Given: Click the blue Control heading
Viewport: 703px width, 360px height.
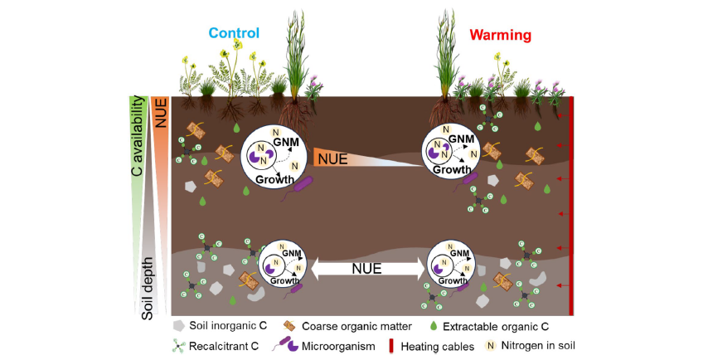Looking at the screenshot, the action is tap(234, 33).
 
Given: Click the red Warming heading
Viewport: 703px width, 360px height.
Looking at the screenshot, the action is tap(501, 35).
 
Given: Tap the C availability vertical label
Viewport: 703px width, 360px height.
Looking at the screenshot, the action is tap(137, 135).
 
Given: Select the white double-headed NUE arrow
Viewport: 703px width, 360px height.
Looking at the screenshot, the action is tap(367, 269).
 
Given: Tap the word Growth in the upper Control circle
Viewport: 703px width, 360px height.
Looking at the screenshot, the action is tap(274, 180).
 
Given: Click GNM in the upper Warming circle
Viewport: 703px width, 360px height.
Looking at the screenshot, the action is tap(461, 139).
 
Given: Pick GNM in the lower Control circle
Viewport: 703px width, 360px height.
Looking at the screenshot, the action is tap(292, 254).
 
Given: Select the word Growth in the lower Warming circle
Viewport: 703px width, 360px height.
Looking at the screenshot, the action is tap(453, 281).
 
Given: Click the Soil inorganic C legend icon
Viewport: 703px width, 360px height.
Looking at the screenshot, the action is tap(179, 326).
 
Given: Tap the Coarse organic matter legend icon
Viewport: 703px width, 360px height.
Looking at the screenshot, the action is tap(289, 326).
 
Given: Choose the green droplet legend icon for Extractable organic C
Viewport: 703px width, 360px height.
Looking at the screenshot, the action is tap(434, 326).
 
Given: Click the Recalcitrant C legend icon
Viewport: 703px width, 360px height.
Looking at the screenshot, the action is tap(179, 346).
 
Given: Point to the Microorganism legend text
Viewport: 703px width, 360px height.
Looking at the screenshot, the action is tap(338, 347).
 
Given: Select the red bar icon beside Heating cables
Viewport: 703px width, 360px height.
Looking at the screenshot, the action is tap(391, 347).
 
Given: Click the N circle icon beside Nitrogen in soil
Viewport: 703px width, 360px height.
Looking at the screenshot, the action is tap(491, 346).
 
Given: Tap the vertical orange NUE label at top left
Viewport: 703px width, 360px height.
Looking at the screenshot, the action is tap(161, 113).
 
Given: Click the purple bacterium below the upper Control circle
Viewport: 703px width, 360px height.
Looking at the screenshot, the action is tap(298, 188).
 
